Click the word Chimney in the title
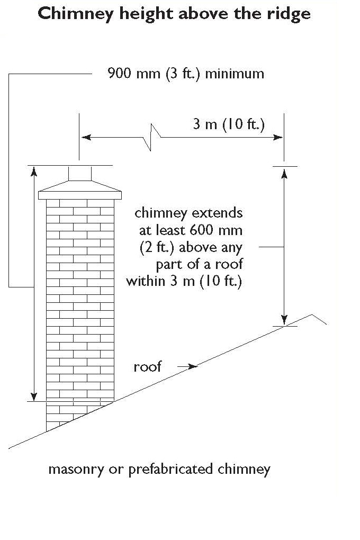[76, 14]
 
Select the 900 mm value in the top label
[134, 74]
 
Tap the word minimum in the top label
[235, 74]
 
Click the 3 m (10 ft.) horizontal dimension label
[229, 124]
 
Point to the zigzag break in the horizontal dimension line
[151, 137]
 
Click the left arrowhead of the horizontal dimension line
[86, 137]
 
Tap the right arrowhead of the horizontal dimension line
[277, 137]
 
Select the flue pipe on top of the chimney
[80, 173]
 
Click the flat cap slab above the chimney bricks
[80, 195]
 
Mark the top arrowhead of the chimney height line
[34, 171]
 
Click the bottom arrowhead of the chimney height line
[34, 396]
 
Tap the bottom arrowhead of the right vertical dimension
[284, 320]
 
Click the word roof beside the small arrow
[148, 367]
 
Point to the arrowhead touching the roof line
[193, 366]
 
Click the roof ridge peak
[312, 315]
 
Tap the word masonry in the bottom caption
[76, 470]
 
